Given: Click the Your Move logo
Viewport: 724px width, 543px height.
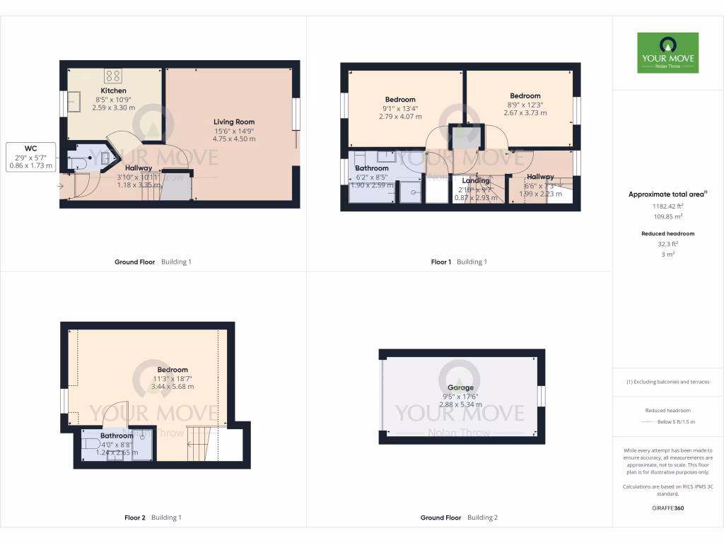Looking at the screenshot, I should coord(667,52).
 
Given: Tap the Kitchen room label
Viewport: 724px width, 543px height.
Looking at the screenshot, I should coord(113,91).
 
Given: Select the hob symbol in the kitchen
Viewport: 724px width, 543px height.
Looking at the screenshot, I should coord(113,76).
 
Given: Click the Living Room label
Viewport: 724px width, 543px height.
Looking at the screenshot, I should coord(234,122).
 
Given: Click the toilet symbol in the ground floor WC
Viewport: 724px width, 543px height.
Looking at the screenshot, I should coord(78,163).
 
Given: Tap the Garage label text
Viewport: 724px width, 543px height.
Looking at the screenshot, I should coord(460,387).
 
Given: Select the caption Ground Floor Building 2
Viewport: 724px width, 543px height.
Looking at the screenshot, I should coord(459,518).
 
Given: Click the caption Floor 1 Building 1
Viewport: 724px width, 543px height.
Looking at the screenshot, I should coord(459,262).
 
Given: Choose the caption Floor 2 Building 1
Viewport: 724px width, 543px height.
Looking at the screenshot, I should coord(153,518).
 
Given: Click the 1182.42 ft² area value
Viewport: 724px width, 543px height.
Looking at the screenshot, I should coord(667,206).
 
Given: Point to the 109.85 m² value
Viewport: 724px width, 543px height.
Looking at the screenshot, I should coord(667,216).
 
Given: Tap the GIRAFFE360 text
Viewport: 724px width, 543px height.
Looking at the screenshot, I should coord(667,508).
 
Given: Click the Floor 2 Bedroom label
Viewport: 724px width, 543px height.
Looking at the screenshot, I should coord(173,370).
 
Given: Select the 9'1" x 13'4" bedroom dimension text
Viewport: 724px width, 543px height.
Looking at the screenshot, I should coord(399,108).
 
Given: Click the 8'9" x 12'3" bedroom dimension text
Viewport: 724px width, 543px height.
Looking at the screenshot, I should coord(525,105).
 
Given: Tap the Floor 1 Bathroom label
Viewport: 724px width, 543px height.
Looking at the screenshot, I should coord(372,168).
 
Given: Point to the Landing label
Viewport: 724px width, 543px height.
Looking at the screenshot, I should coord(476,181).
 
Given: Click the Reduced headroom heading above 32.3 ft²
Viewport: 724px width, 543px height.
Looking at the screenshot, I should coord(667,233).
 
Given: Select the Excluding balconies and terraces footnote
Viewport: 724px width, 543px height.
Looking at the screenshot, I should coord(667,382).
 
